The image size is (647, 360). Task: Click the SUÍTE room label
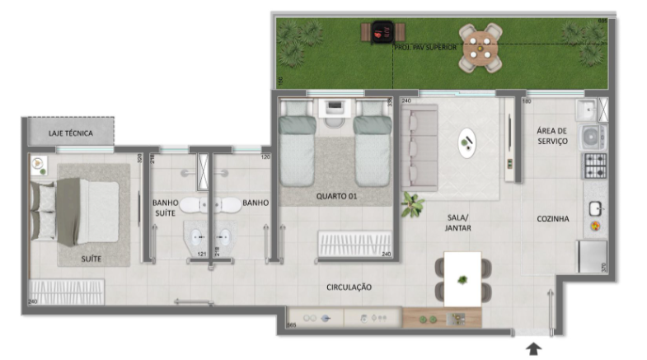[x=91, y=259]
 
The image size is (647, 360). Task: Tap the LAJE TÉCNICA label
[x=70, y=133]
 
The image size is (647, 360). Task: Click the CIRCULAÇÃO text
[x=349, y=287]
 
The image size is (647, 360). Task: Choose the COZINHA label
[x=553, y=219]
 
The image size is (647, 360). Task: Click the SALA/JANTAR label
[x=457, y=222]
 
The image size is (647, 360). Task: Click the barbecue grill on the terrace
[x=382, y=34]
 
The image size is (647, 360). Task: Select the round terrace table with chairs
[x=481, y=48]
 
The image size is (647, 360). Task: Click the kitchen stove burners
[x=595, y=166]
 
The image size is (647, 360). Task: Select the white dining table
[x=462, y=278]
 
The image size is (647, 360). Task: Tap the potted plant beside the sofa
[x=411, y=203]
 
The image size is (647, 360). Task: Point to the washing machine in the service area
[x=593, y=136]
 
